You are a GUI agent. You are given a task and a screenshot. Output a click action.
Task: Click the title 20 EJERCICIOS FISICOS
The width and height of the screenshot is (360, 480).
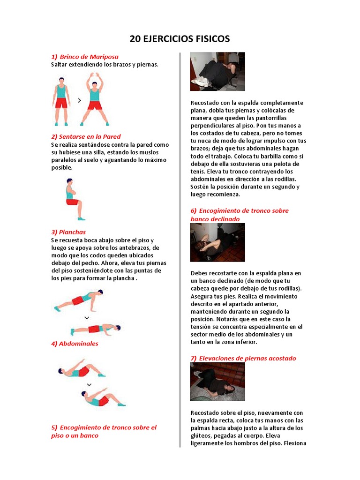tap(180, 39)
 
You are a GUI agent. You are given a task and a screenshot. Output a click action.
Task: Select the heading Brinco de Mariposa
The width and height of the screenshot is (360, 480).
tap(89, 57)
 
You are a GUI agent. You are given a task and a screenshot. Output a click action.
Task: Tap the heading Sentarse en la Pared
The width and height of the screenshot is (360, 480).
tap(90, 137)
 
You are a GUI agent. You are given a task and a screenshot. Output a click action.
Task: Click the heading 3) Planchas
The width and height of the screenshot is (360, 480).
tap(68, 232)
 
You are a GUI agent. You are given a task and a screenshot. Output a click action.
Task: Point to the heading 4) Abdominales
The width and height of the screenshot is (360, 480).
tap(75, 344)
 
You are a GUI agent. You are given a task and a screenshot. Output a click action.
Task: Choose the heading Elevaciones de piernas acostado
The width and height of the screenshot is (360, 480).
tap(247, 359)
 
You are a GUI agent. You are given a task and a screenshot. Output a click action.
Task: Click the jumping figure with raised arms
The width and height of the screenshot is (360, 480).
tap(95, 99)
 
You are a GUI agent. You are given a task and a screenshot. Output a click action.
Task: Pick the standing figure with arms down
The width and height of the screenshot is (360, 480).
tap(61, 102)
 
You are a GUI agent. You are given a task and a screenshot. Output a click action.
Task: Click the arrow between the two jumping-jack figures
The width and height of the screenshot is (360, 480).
tap(80, 100)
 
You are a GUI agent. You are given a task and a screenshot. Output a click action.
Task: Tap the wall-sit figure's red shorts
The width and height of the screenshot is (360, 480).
tap(73, 202)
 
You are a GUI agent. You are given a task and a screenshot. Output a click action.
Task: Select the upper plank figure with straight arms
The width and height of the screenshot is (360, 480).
tap(79, 300)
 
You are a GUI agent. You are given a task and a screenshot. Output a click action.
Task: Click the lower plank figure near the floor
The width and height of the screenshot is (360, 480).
tap(96, 329)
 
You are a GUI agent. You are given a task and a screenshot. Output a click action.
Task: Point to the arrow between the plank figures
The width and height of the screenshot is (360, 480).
tap(87, 318)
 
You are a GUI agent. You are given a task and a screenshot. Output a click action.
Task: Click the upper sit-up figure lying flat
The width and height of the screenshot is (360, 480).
tap(82, 368)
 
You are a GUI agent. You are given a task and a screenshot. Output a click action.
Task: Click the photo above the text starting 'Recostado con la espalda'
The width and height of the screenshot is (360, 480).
tap(217, 72)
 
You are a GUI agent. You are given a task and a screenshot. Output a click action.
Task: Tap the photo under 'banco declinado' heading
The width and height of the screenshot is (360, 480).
tap(217, 242)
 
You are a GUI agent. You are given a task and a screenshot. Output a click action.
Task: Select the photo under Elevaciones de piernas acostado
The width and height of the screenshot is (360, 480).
tap(217, 382)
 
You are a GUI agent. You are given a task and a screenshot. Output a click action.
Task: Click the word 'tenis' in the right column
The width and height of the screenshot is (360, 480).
tap(197, 172)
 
